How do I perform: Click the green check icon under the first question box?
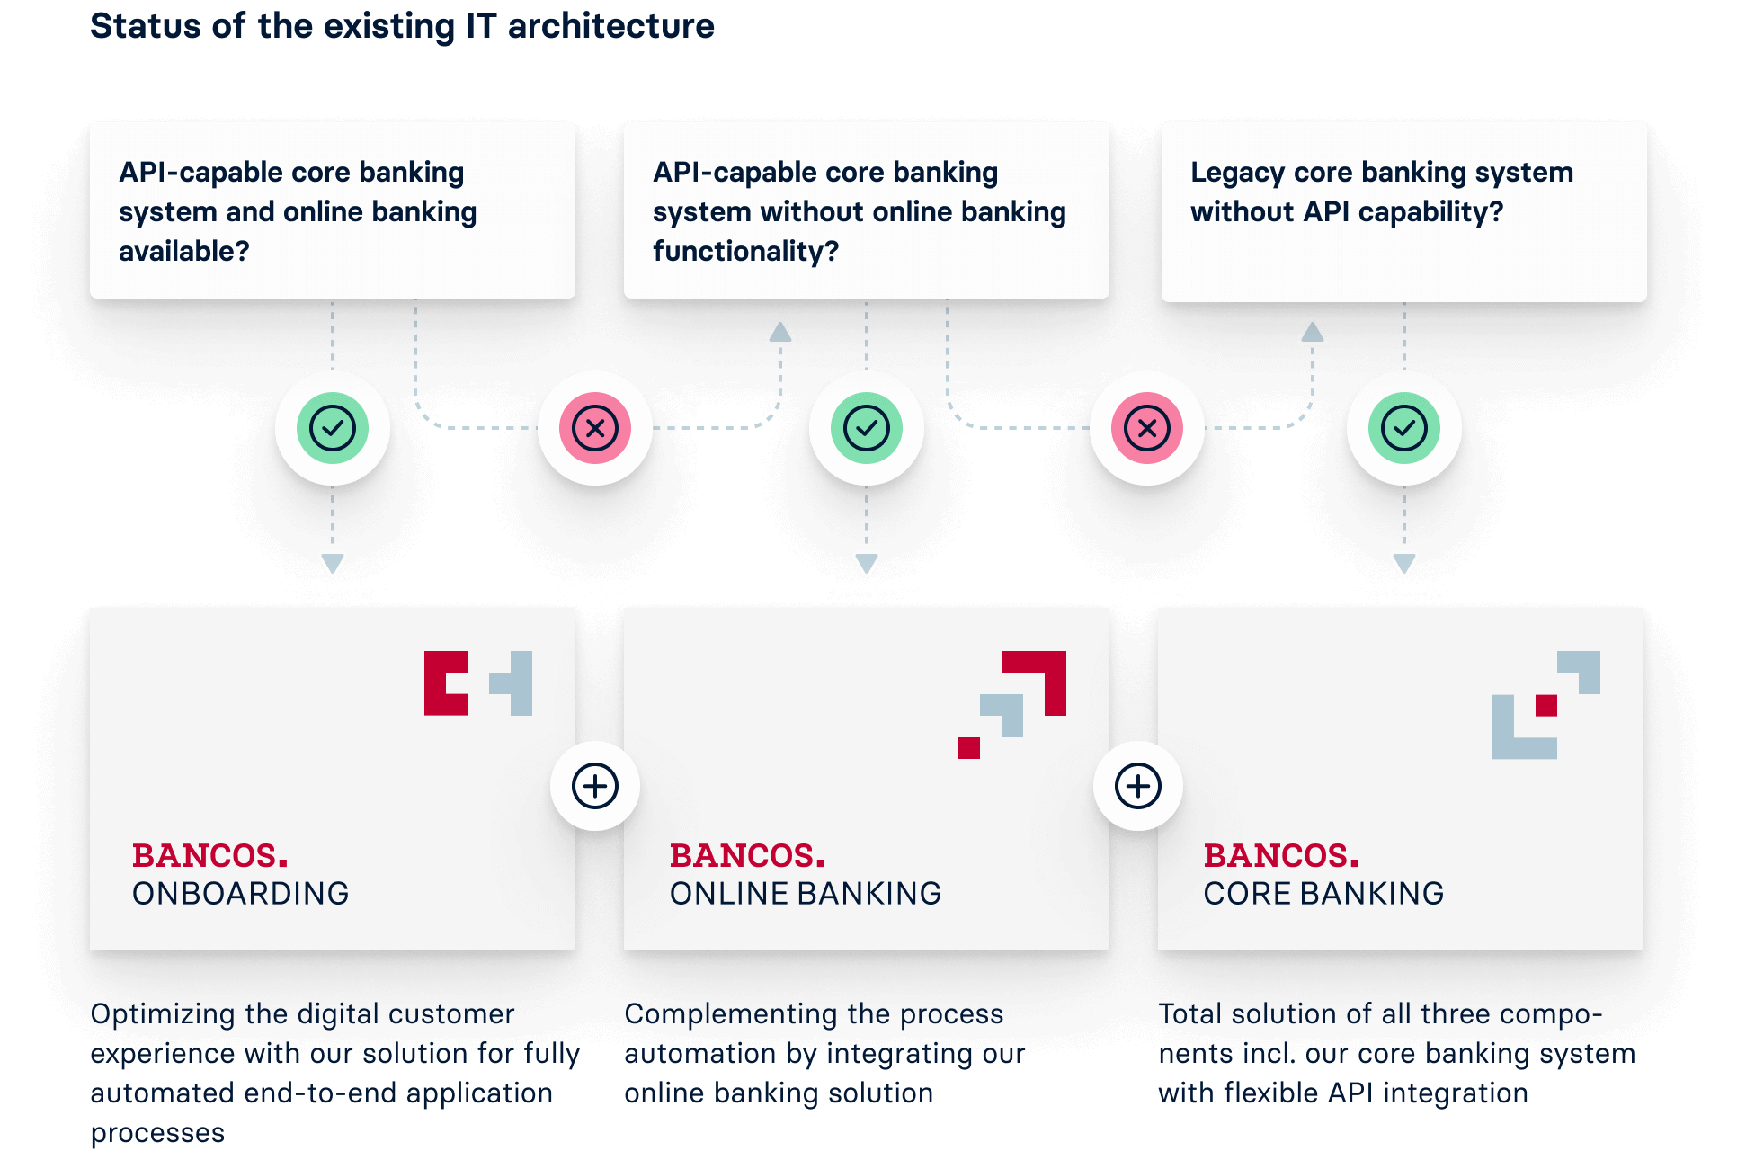coord(333,428)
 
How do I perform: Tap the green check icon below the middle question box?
coord(866,428)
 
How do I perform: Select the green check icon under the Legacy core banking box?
coord(1403,428)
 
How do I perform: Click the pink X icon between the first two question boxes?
coord(595,428)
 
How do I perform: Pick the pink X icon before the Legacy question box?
coord(1146,428)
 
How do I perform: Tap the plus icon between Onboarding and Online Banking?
coord(595,786)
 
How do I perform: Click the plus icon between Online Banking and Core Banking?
coord(1138,786)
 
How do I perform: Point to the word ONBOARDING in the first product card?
coord(240,893)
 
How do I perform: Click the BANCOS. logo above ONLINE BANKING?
coord(747,855)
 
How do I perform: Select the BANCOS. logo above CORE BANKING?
coord(1281,855)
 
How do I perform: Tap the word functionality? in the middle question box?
coord(745,251)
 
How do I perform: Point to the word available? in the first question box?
coord(183,251)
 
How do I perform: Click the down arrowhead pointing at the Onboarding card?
coord(333,564)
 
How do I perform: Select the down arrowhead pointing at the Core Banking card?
coord(1403,564)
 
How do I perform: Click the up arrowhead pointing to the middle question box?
coord(780,332)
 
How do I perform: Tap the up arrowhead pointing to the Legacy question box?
coord(1313,332)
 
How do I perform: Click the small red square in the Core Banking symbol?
coord(1545,705)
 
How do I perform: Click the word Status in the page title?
coord(146,26)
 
